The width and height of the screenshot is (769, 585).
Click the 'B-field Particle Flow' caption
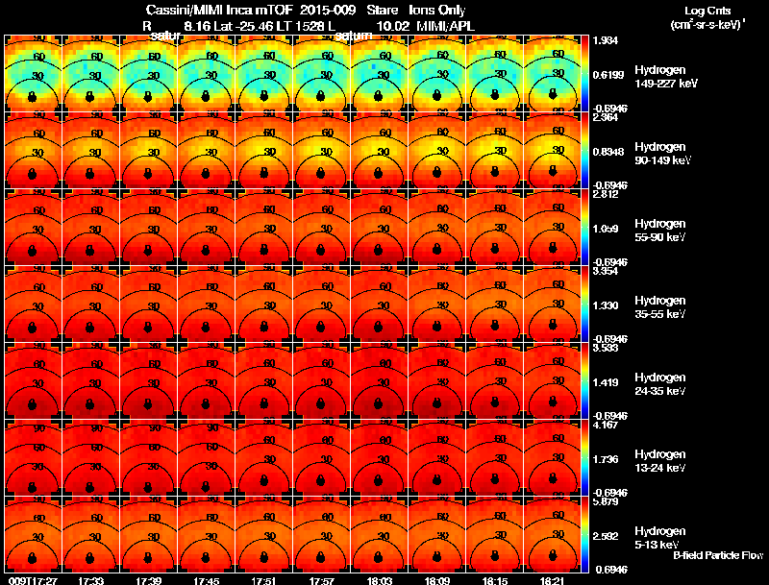coord(718,555)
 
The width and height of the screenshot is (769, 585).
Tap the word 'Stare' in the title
coord(369,10)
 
